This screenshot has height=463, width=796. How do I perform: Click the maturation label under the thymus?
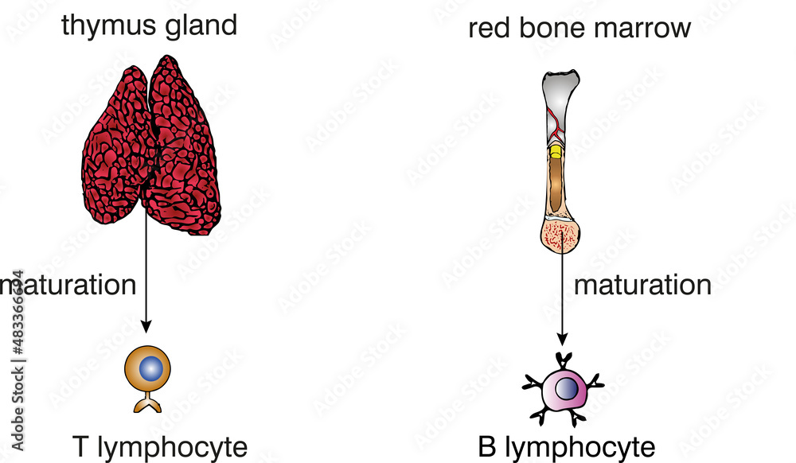point(70,285)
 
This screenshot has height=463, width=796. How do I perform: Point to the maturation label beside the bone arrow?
point(642,285)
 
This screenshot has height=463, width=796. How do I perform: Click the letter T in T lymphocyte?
point(80,447)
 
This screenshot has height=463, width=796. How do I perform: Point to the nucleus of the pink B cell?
point(566,388)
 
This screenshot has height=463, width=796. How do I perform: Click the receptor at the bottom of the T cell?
point(146,403)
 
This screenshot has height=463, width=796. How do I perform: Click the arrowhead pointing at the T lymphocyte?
point(146,326)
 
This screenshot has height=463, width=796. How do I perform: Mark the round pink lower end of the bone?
point(564,236)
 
